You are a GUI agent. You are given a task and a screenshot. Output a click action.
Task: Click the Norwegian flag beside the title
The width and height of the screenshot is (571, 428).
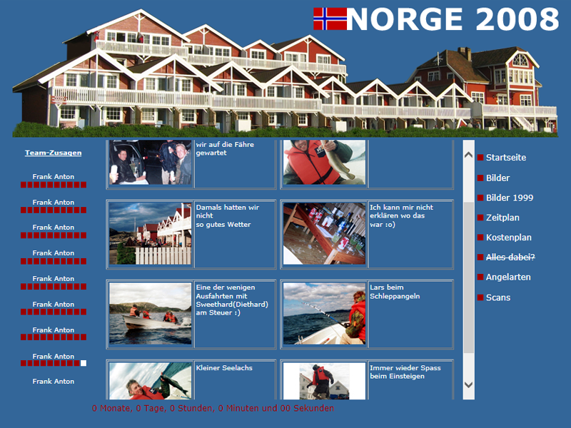(330, 19)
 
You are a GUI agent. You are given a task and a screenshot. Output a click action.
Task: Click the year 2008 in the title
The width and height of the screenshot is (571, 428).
(517, 19)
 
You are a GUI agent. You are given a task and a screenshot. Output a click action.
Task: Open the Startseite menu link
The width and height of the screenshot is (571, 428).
(506, 158)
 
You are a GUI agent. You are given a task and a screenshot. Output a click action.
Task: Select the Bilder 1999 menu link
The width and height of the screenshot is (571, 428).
(510, 198)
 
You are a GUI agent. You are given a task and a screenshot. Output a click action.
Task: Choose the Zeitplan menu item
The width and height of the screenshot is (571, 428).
(502, 218)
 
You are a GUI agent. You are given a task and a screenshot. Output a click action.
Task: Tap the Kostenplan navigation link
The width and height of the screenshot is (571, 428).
(509, 238)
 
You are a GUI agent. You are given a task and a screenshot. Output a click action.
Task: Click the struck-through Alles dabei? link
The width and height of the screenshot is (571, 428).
(510, 258)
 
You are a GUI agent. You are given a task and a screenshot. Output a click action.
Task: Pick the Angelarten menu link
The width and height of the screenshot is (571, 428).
(508, 277)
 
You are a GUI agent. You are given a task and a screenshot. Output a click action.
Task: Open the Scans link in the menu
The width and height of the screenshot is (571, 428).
(497, 297)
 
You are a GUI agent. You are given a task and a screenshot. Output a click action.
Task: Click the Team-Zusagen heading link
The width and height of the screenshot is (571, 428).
(53, 153)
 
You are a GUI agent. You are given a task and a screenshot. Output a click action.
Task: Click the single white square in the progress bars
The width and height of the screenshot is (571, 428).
(84, 363)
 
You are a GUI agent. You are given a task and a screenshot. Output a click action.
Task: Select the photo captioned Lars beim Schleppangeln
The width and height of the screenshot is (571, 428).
(324, 314)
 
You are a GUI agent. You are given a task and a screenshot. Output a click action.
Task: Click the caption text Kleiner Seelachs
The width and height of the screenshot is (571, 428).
(224, 368)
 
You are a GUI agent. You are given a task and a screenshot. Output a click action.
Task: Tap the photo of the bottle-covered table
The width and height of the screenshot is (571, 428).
(324, 234)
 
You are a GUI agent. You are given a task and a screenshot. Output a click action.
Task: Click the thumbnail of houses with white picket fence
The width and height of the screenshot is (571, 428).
(150, 234)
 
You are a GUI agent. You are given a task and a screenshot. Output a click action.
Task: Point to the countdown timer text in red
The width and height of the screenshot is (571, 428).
(213, 408)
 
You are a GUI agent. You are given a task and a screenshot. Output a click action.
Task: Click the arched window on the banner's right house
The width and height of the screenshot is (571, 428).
(520, 60)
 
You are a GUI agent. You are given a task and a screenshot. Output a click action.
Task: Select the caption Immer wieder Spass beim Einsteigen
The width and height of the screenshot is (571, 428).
(405, 372)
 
